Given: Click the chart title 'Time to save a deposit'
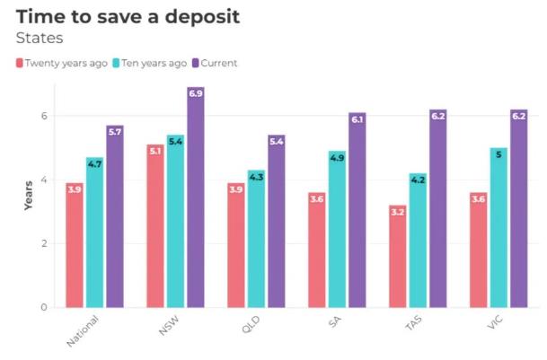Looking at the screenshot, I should [x=128, y=16].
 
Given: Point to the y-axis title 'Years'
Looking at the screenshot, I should [x=28, y=197].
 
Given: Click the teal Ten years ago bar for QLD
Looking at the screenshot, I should [x=256, y=239].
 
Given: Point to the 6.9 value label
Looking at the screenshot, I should [x=196, y=92].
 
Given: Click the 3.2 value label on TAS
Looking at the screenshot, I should [x=397, y=212].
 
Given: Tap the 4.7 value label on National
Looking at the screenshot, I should [x=94, y=163].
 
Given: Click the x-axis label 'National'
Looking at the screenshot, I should [x=82, y=330].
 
